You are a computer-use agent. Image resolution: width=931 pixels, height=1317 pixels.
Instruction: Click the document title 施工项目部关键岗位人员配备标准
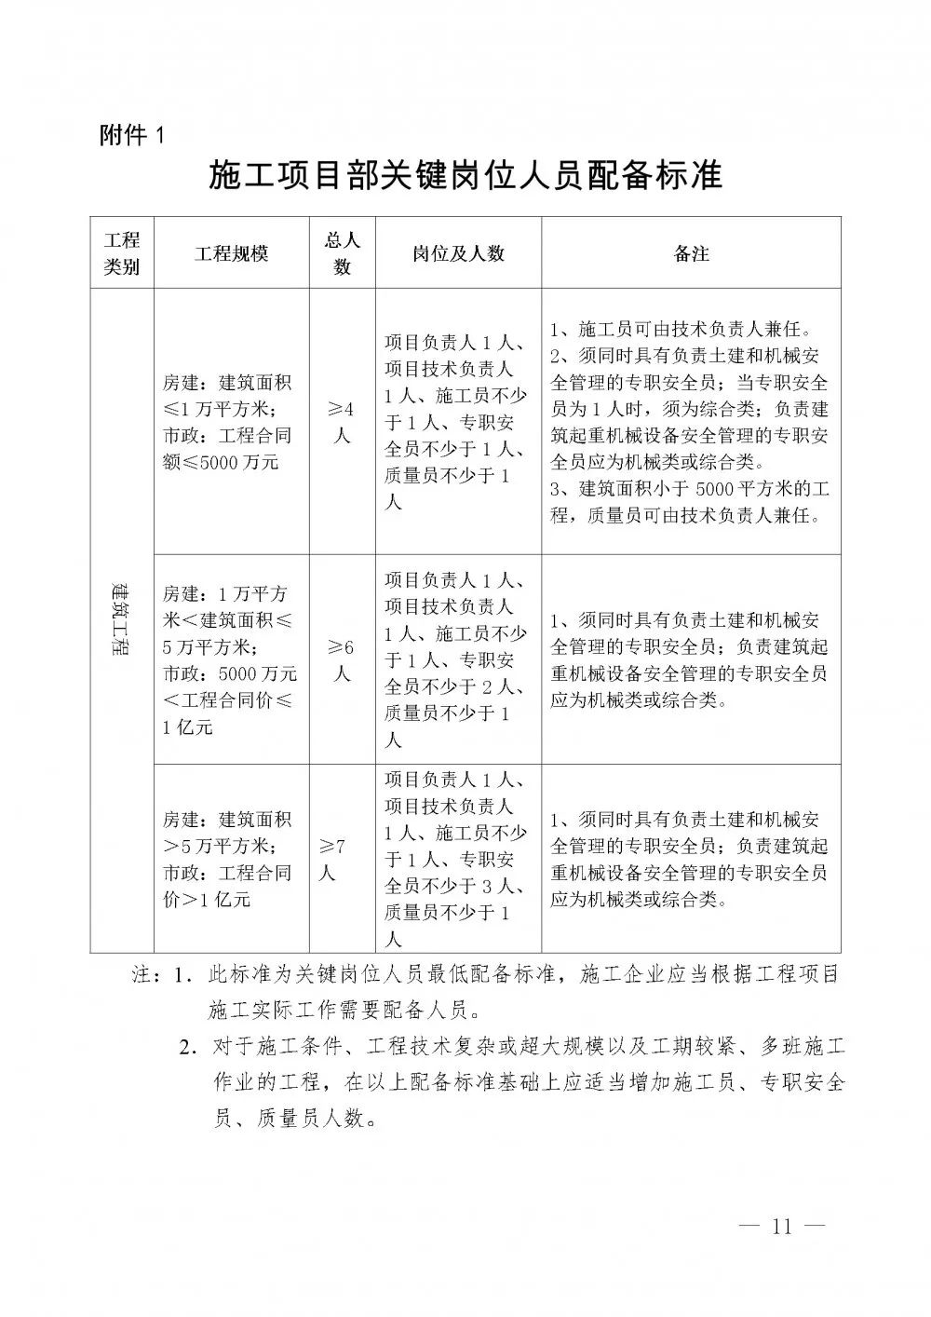[465, 176]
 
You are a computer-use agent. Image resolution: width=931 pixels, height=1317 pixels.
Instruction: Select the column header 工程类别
[121, 252]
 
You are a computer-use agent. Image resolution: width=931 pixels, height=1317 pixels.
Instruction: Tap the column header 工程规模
[231, 252]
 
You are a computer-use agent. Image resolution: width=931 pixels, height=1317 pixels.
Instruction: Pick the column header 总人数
[342, 252]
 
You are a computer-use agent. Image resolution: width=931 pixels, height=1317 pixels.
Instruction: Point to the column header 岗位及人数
[458, 252]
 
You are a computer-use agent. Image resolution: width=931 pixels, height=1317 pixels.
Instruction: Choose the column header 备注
[691, 252]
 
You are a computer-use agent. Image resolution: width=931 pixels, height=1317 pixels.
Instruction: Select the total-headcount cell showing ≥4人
[342, 422]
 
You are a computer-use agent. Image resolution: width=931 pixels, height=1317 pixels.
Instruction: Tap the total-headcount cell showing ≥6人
[342, 659]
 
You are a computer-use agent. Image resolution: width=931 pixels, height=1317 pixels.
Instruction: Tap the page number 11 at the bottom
[780, 1226]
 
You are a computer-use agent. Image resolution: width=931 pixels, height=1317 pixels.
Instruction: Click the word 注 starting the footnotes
[142, 976]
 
